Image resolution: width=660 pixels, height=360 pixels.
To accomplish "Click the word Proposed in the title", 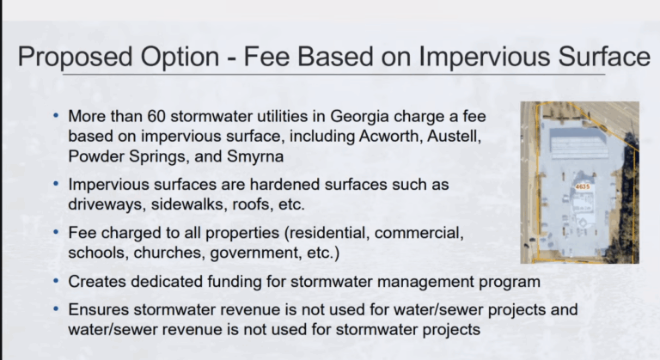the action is click(x=75, y=57).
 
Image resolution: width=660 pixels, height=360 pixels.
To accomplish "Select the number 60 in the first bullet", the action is click(x=156, y=116).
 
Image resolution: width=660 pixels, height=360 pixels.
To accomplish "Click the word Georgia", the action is click(x=359, y=117).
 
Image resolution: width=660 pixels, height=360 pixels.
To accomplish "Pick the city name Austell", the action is click(x=454, y=137).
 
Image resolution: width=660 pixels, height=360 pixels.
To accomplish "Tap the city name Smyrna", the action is click(x=255, y=157).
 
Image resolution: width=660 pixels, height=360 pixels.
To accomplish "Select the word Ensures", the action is click(x=99, y=309).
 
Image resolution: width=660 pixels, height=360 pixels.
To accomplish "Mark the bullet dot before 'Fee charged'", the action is click(x=56, y=232).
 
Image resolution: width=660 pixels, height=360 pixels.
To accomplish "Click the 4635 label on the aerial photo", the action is click(x=583, y=186).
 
